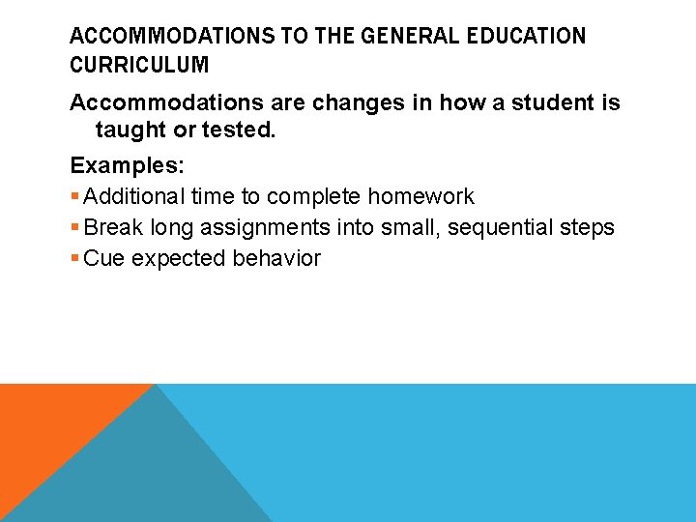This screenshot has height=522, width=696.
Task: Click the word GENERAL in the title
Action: [396, 37]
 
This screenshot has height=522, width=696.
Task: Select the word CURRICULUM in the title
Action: [139, 67]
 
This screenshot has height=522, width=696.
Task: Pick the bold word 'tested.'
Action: [238, 130]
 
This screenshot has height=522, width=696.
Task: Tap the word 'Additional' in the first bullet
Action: [134, 197]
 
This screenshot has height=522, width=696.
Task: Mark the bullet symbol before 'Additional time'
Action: [75, 197]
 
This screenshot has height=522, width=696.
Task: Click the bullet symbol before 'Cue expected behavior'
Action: [75, 259]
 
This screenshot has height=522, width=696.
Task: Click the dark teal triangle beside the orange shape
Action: [155, 474]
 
